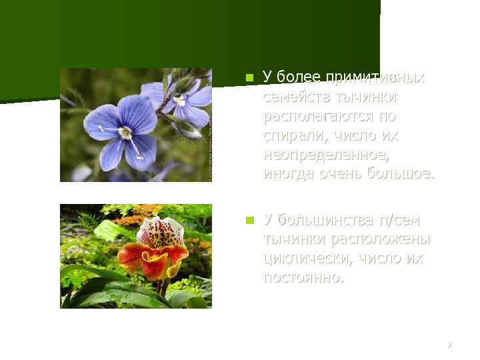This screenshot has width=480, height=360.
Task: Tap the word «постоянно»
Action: pyautogui.click(x=303, y=277)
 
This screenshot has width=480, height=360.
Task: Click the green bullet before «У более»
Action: pyautogui.click(x=249, y=77)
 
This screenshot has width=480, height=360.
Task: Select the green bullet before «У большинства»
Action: pyautogui.click(x=249, y=220)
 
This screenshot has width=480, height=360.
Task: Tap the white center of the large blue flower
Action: pyautogui.click(x=125, y=133)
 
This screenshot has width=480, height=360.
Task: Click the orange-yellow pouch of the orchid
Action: pyautogui.click(x=155, y=265)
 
